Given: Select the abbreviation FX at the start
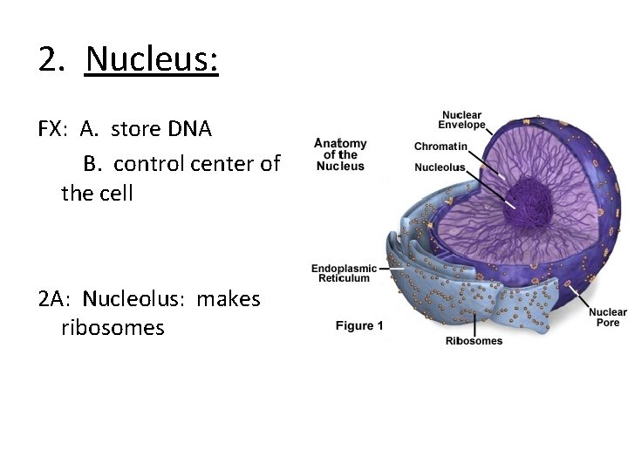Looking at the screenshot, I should pos(51,130).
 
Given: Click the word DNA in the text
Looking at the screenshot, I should pos(191,130).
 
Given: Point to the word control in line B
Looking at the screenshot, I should pos(149,163).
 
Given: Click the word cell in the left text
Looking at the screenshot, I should pos(119,193).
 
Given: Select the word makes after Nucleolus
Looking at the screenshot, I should pos(229,299).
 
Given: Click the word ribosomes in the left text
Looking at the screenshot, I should pos(113,329).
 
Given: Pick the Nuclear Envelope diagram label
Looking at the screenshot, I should pos(462,120).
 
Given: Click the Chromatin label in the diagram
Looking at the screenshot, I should pos(440,147).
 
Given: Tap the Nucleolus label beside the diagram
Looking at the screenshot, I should pos(440,167).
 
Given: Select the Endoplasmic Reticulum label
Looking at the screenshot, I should pos(344,273).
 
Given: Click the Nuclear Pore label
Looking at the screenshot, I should pos(607,317).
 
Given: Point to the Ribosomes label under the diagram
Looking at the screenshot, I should pos(474,341).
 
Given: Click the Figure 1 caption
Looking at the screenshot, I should pos(359,326).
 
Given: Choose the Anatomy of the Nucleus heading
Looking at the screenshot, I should pos(340,154).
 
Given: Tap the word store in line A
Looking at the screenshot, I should pos(137,130).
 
